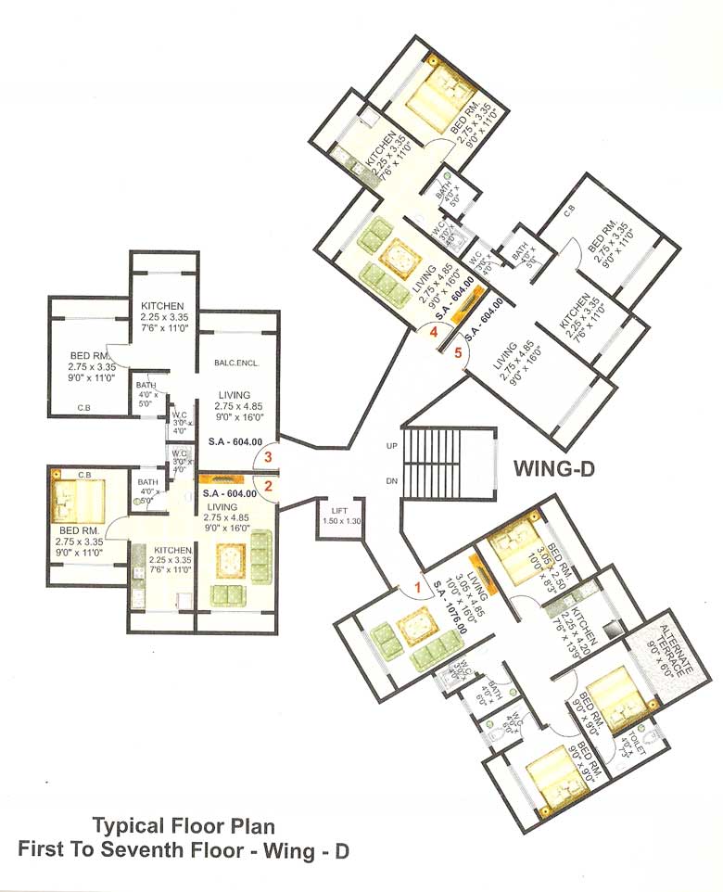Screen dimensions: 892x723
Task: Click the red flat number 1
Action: click(x=418, y=586)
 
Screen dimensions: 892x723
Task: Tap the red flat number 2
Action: click(x=269, y=485)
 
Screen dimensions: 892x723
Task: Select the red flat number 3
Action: click(x=269, y=456)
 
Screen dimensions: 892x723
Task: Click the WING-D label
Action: click(x=553, y=469)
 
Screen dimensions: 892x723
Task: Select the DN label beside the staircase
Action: click(x=391, y=480)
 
